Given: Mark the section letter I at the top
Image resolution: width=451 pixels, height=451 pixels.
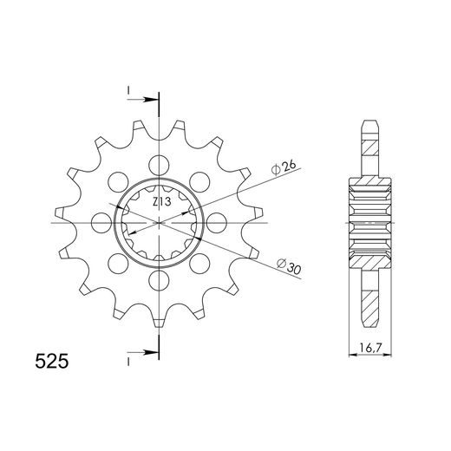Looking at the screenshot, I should click(x=128, y=90).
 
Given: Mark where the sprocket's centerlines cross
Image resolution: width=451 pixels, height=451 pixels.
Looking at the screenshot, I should click(x=160, y=223).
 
